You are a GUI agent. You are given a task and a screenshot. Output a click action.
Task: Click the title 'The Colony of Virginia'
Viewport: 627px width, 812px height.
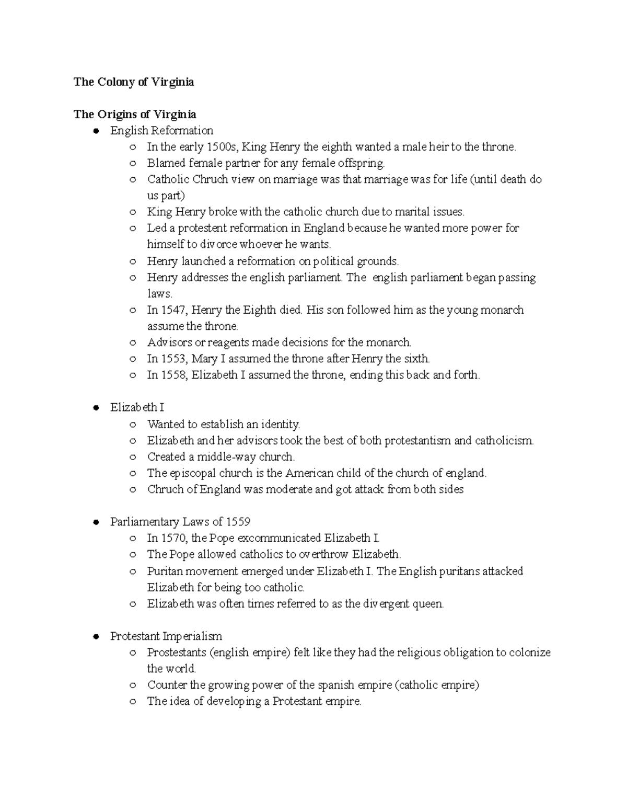point(134,82)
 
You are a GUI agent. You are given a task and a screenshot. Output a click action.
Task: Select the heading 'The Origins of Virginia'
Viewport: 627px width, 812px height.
point(135,115)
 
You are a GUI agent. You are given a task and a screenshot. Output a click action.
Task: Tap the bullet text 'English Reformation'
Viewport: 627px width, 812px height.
point(161,131)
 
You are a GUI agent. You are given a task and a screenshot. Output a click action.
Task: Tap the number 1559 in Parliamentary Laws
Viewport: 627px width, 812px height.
point(238,522)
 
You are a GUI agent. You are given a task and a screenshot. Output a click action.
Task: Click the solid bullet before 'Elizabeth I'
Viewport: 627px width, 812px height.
point(96,408)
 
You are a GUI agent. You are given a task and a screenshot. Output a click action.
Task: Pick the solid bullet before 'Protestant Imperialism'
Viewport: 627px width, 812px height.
point(96,637)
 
